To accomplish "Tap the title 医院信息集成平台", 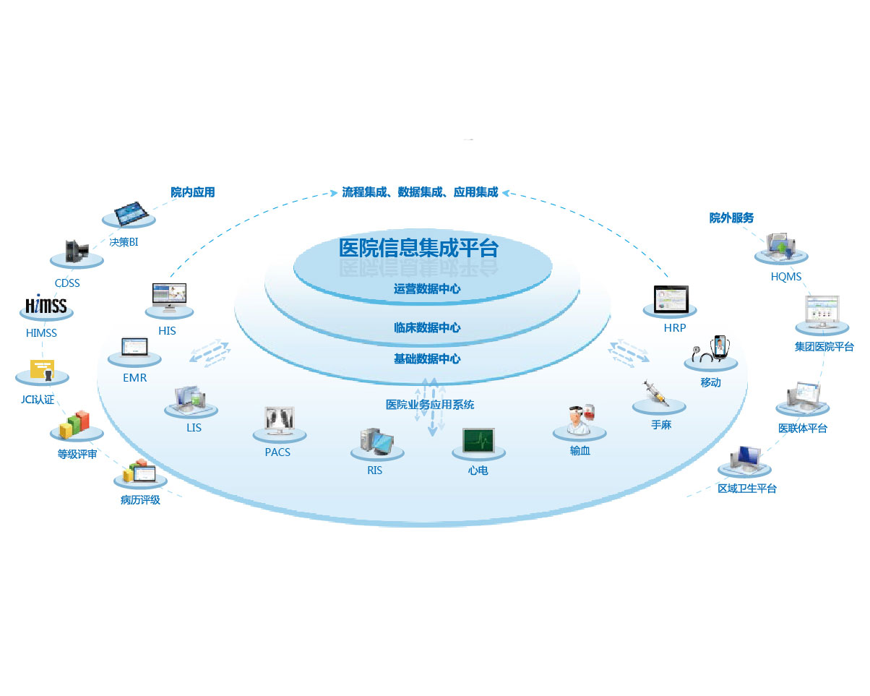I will click(x=418, y=248).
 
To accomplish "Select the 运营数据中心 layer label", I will click(x=427, y=289).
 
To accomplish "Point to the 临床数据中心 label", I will click(x=427, y=327).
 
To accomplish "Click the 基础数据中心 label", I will click(x=427, y=358).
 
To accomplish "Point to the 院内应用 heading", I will click(x=193, y=192).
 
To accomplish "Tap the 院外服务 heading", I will click(x=731, y=218).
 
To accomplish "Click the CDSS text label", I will click(x=67, y=283).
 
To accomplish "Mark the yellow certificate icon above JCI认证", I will click(x=42, y=369).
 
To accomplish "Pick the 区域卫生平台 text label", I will click(x=746, y=489).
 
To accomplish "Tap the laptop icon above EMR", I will click(x=134, y=346).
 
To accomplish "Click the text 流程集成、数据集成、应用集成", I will click(x=420, y=192).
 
